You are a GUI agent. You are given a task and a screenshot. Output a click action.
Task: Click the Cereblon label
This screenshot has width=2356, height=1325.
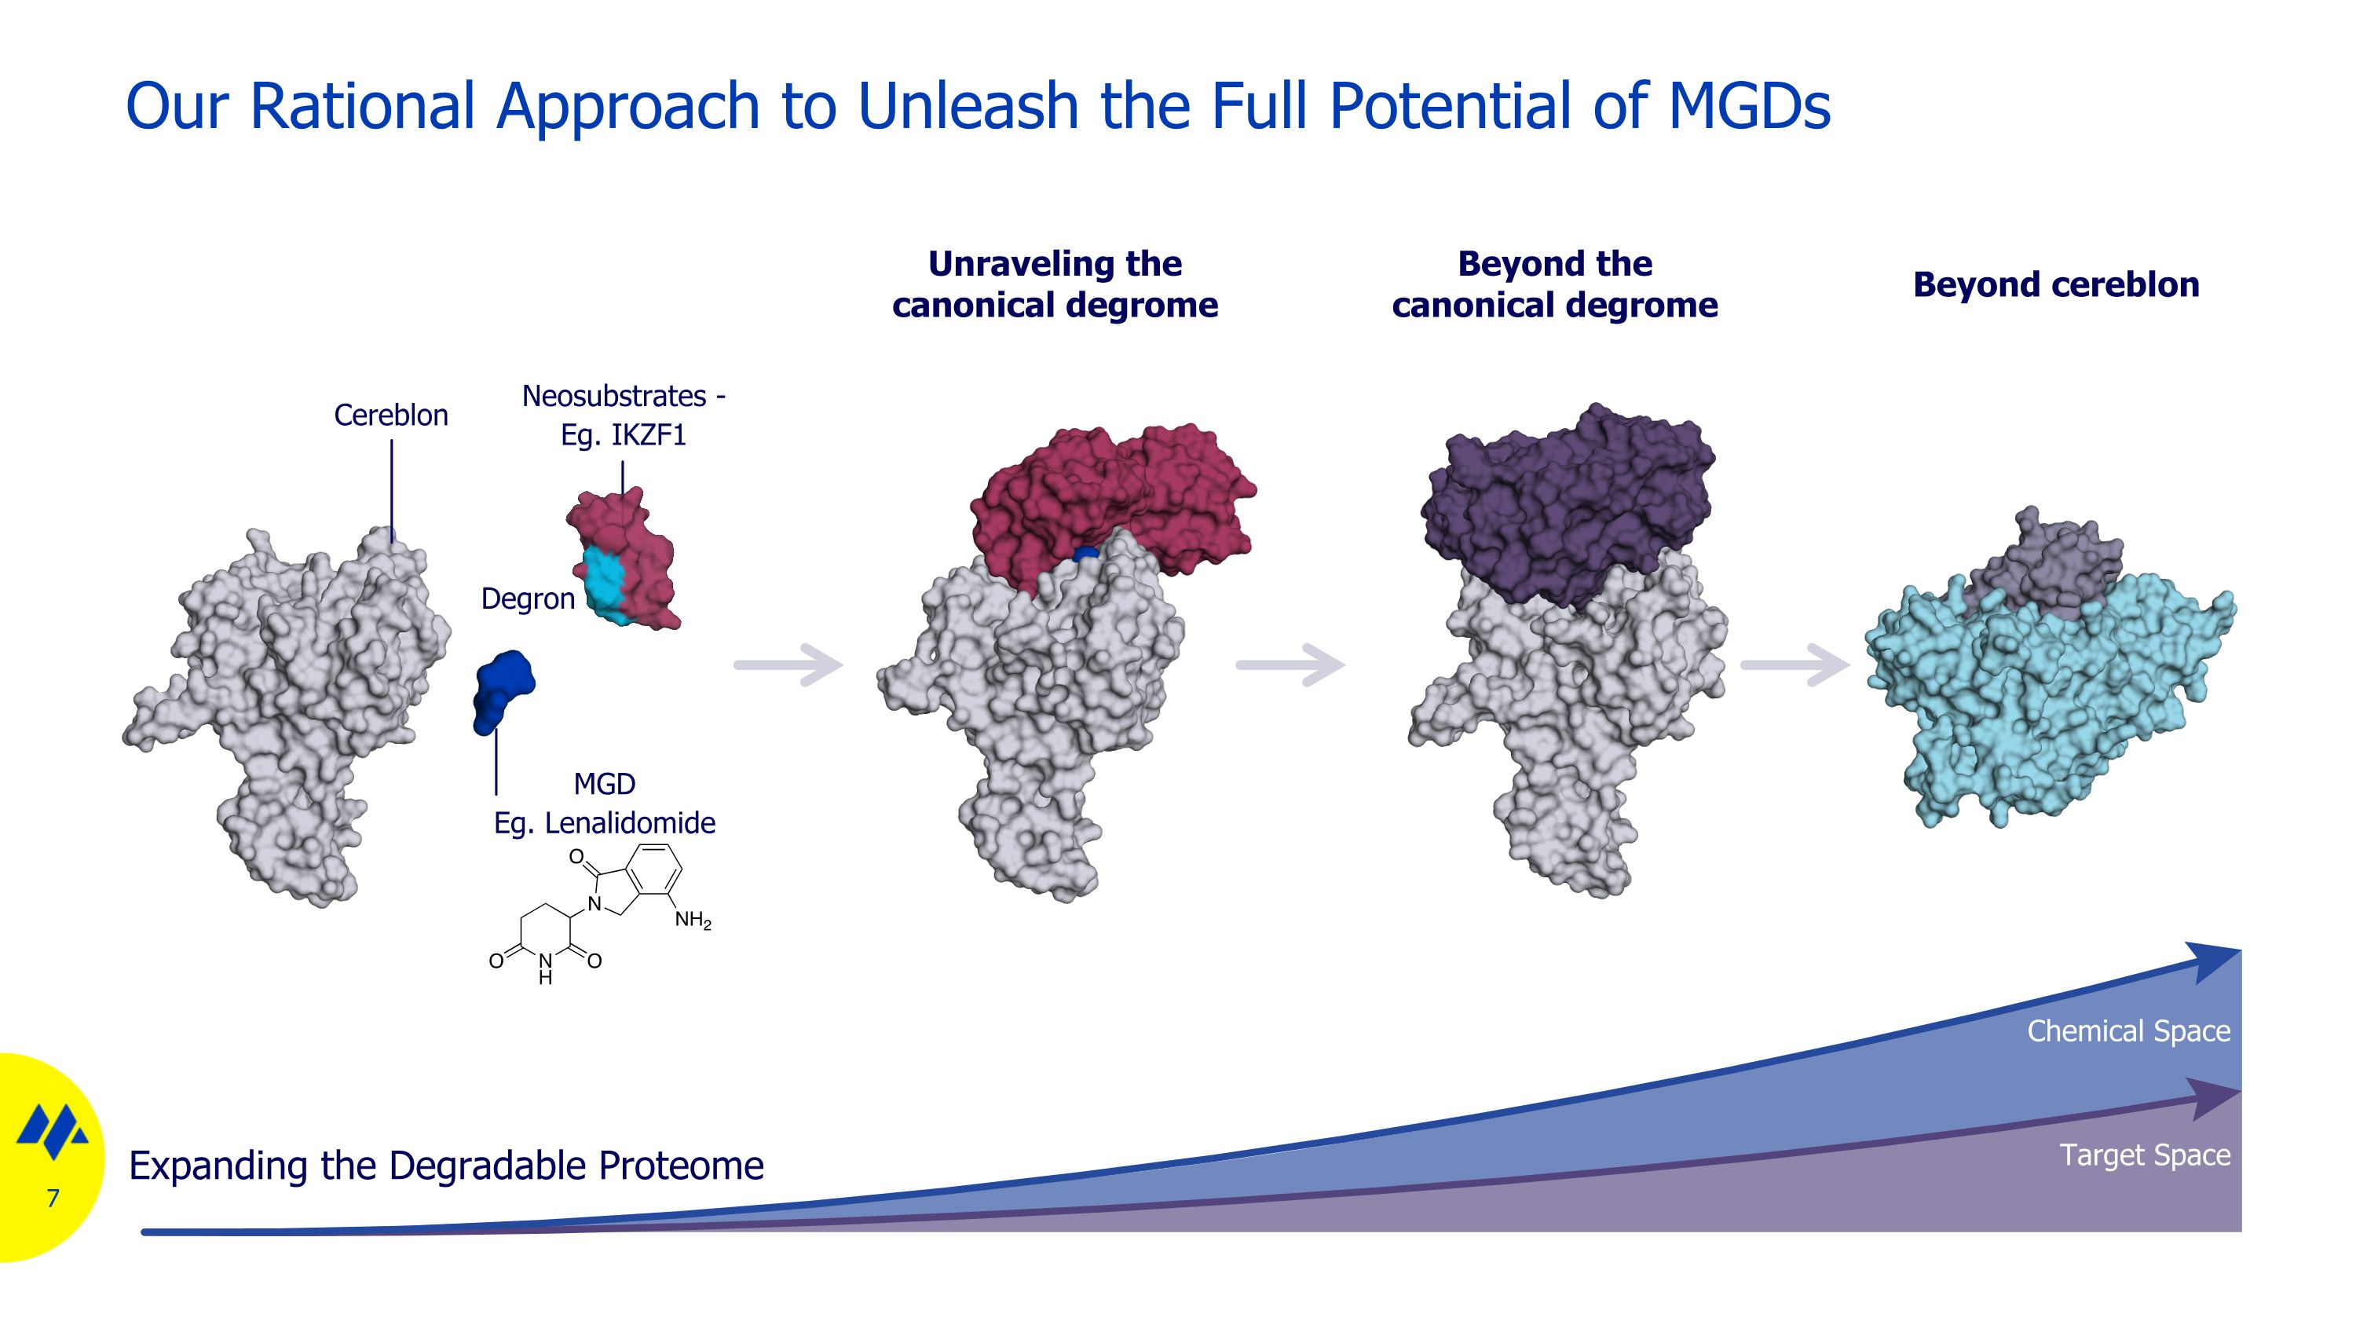click(x=390, y=415)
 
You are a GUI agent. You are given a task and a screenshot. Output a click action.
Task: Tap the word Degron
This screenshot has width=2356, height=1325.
click(x=528, y=599)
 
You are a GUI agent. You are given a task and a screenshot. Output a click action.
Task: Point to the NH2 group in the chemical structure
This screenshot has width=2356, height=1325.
click(x=693, y=920)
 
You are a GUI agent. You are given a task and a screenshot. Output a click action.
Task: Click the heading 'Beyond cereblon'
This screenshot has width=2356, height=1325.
click(x=2056, y=284)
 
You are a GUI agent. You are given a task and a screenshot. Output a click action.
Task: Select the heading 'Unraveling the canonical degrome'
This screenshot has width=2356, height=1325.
click(x=1055, y=284)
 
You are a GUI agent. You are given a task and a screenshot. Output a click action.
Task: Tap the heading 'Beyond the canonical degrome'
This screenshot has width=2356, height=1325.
click(x=1555, y=284)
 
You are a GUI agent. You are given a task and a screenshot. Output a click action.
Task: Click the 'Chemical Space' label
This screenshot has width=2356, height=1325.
click(x=2128, y=1031)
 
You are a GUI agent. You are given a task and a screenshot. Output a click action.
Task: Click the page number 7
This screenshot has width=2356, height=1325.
click(x=53, y=1199)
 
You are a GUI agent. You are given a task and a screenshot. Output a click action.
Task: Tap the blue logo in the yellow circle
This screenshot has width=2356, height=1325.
click(x=53, y=1132)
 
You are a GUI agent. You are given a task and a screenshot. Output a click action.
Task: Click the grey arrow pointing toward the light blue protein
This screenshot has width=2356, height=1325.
click(x=1794, y=664)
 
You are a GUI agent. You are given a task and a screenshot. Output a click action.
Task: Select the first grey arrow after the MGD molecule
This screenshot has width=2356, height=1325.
click(x=788, y=664)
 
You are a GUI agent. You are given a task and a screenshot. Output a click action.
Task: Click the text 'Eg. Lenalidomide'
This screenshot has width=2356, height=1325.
click(x=605, y=823)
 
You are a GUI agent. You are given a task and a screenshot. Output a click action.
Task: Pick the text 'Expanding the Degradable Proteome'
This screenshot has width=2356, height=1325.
click(x=446, y=1166)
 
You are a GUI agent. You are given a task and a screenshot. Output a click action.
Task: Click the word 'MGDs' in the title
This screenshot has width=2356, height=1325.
click(x=1749, y=106)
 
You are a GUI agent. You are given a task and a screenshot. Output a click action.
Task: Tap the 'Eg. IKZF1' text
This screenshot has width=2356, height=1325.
click(x=623, y=435)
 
